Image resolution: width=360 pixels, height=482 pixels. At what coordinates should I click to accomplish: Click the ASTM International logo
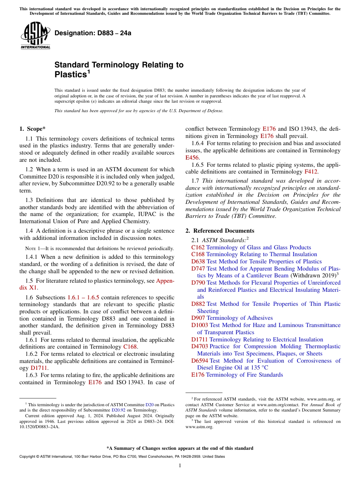pos(35,36)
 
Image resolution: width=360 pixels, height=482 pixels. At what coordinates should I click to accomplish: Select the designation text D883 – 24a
pos(93,33)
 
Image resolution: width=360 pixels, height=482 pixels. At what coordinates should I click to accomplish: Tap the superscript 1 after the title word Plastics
pos(89,72)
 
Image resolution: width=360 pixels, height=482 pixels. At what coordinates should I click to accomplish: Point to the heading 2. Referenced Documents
pos(220,231)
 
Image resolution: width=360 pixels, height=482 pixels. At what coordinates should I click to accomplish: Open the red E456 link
pos(192,157)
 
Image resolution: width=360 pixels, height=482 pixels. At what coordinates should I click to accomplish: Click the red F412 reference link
pos(311,172)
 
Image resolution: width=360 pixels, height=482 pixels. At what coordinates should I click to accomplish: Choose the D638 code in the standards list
pos(198,261)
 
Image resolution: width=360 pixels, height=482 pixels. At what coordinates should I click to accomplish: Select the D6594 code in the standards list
pos(200,360)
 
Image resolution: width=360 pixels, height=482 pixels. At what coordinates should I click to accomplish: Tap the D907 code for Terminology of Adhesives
pos(198,318)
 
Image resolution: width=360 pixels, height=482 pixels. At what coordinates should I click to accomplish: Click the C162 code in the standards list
pos(198,247)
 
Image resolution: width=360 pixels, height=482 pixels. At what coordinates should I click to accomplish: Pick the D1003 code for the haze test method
pos(200,325)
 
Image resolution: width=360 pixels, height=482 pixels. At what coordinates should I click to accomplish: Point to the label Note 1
pos(33,249)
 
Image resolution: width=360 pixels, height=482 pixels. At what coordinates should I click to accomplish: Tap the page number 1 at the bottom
pos(180,466)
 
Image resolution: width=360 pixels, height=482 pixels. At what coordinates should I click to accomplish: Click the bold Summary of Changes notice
pos(180,448)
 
